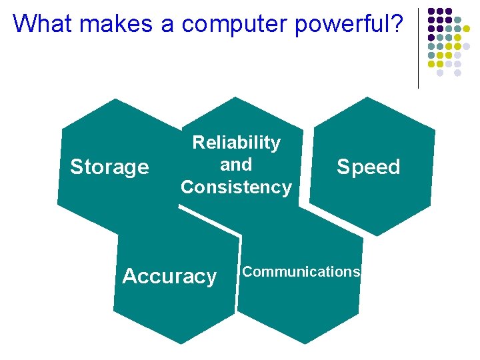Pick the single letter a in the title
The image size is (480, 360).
167,25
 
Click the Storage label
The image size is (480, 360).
109,167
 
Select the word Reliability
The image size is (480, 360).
236,142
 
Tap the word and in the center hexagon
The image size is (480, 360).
236,164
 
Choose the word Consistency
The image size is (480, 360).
236,187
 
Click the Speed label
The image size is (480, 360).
368,167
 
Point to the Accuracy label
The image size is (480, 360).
169,276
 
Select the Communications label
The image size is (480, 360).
301,271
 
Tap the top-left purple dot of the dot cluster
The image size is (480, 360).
432,11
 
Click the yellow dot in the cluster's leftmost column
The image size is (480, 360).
432,64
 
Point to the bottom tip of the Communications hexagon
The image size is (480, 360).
304,344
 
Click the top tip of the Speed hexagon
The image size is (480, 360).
368,97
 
